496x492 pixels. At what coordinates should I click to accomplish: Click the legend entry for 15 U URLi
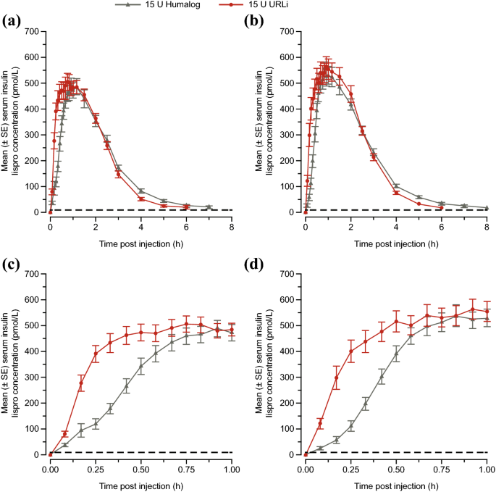pos(308,5)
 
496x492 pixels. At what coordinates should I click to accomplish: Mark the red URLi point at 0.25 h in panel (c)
pos(96,354)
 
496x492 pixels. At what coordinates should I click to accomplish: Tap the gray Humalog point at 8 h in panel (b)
pos(487,208)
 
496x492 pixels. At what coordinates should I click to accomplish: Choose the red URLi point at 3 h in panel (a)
pos(118,174)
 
